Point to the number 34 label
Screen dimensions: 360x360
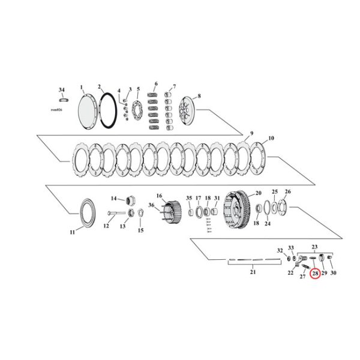click(x=61, y=89)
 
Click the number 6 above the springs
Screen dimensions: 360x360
click(x=156, y=83)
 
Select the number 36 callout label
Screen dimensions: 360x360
click(x=151, y=205)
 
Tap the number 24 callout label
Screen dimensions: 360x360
click(x=268, y=224)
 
